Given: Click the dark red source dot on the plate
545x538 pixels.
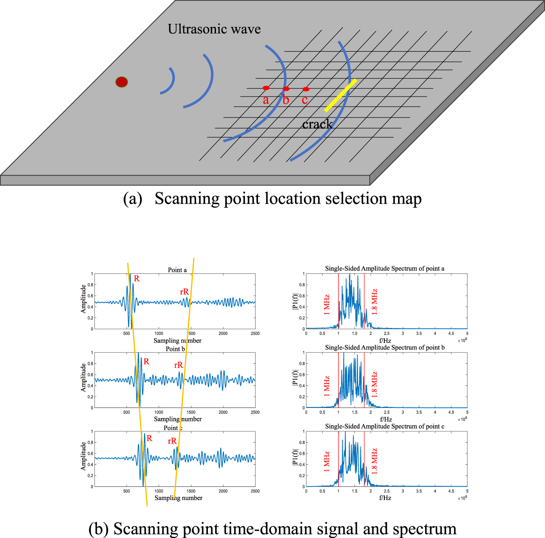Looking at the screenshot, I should (122, 82).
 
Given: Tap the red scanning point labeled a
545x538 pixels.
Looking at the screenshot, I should (266, 88).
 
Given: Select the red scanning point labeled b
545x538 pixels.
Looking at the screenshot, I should (286, 89).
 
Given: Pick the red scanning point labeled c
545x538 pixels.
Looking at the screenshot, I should (306, 89).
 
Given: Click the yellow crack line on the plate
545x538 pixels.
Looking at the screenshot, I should (340, 95).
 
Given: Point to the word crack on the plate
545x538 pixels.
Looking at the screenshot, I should (317, 124).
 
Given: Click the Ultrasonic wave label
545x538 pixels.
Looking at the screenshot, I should (214, 29).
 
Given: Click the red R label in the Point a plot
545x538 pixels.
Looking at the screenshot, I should (137, 279).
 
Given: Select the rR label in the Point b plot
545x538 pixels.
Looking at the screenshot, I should (178, 365).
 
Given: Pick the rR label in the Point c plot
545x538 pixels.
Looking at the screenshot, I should (172, 441).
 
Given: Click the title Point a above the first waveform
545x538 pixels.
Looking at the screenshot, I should (177, 270).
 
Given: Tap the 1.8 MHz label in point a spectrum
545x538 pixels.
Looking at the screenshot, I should (374, 302).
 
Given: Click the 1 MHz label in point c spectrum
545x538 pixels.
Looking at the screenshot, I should (327, 462).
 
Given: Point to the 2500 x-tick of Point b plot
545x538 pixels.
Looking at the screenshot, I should (255, 412).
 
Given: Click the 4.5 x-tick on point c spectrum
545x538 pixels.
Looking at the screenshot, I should (451, 492).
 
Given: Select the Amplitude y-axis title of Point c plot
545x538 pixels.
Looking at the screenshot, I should (84, 456).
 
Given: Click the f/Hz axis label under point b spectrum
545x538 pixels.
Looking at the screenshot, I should (385, 419).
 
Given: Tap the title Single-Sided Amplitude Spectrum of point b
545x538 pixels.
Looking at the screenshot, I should (385, 347).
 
